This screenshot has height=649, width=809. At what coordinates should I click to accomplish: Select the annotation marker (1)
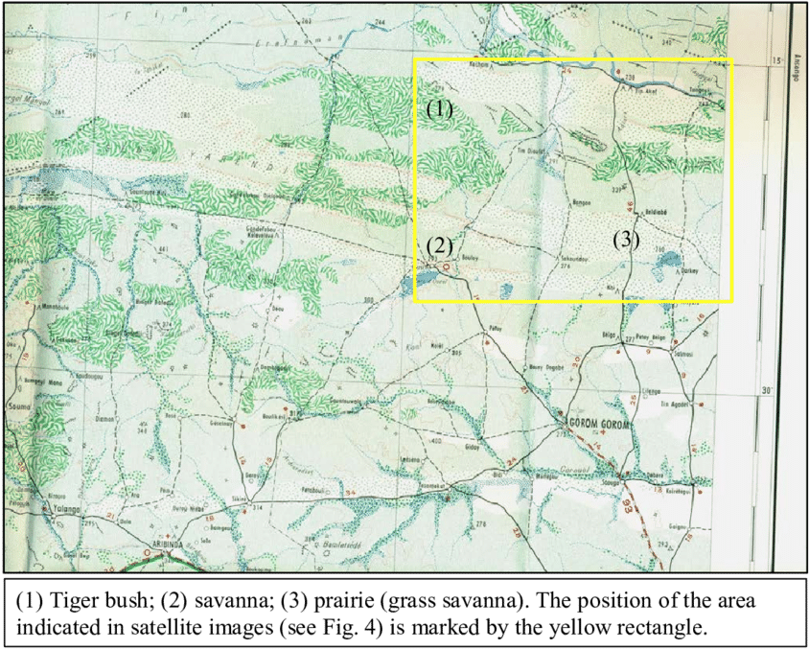tap(439, 109)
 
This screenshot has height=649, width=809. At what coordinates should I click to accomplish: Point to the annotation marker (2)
tap(439, 245)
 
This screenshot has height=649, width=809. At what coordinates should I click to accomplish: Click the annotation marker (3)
tap(626, 241)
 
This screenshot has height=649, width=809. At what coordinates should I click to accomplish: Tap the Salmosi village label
tap(683, 354)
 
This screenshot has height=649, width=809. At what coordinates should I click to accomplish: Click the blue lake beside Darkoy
tap(671, 260)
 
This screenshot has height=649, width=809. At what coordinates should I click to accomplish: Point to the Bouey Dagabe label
tap(547, 367)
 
